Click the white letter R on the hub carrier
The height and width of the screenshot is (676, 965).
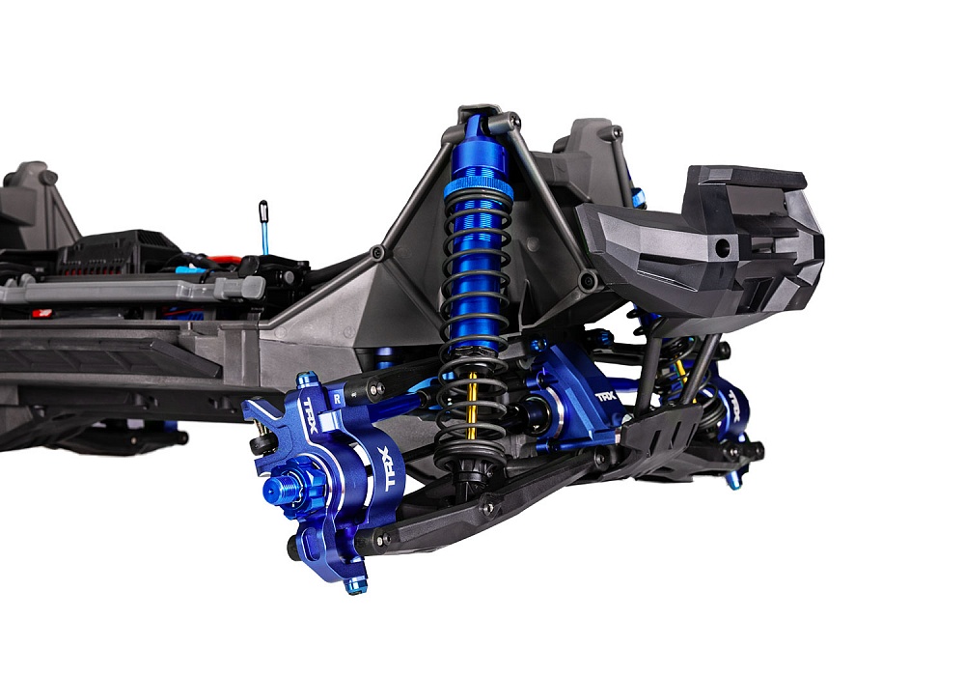point(336,396)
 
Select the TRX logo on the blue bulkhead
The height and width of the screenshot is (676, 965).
point(605,396)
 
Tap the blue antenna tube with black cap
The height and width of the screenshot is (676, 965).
point(263,227)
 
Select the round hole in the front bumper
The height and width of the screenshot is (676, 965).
point(719,248)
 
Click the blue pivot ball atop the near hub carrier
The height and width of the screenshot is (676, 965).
point(307,380)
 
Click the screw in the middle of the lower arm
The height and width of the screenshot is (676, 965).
point(490,507)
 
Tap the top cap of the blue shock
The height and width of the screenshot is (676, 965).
point(474,123)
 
